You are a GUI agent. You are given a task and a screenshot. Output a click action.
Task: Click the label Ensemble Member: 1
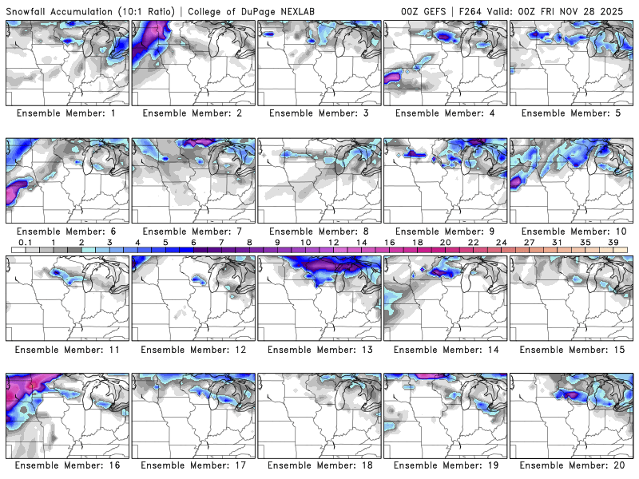[x=68, y=113]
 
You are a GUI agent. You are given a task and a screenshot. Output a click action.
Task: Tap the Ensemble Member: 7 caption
[x=194, y=231]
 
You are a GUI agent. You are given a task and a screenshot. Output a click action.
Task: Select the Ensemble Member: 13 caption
[x=320, y=349]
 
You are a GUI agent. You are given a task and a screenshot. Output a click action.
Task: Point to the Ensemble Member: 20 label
[x=573, y=465]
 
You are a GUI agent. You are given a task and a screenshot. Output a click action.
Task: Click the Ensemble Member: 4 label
[x=447, y=113]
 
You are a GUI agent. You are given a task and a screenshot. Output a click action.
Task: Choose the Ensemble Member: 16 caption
[x=68, y=465]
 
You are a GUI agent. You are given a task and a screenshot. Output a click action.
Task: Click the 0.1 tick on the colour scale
[x=25, y=242]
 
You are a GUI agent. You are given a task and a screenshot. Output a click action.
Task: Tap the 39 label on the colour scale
[x=613, y=242]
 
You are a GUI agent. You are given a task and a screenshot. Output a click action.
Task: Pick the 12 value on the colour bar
[x=333, y=242]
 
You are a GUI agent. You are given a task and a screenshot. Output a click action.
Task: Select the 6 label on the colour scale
[x=193, y=242]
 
